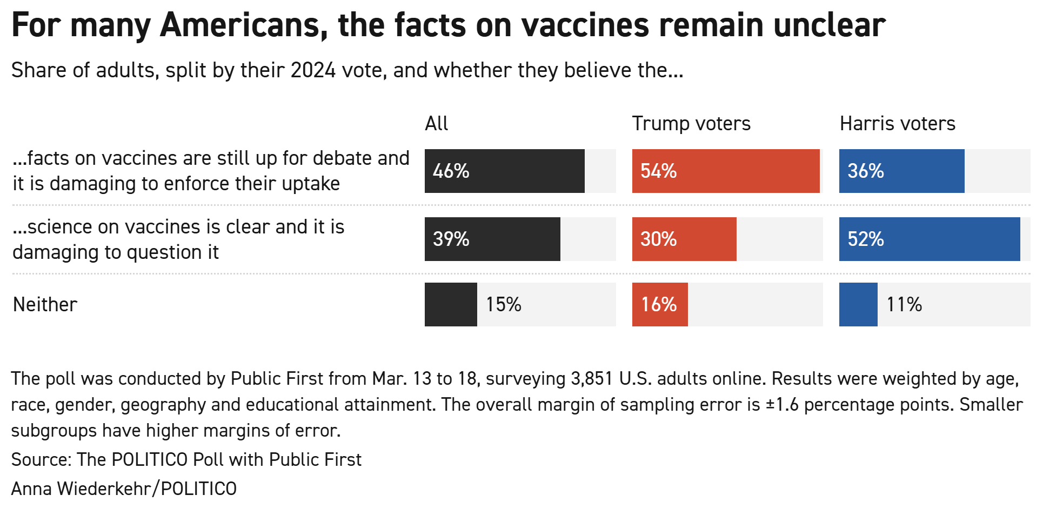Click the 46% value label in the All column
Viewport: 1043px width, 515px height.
(x=451, y=171)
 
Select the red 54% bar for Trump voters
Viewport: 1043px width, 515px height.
(x=725, y=171)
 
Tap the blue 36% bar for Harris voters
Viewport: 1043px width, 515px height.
(x=901, y=171)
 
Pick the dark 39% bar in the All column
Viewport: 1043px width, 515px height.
(x=492, y=239)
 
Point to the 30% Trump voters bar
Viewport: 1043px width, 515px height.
(x=684, y=239)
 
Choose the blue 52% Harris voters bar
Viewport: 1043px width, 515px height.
(x=929, y=239)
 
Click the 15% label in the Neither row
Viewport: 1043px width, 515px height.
(x=503, y=305)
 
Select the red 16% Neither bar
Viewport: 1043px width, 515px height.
(x=659, y=305)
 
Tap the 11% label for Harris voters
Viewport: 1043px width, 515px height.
(x=904, y=305)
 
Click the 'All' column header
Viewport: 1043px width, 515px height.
(x=436, y=124)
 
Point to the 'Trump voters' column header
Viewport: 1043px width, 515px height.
(x=691, y=124)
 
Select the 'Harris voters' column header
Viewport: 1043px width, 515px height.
(x=897, y=124)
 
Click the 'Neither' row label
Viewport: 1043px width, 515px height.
(x=45, y=305)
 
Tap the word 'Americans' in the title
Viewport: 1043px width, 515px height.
(x=243, y=25)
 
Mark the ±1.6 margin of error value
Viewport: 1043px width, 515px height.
(x=782, y=404)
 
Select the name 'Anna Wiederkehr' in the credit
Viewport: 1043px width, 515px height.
(x=81, y=489)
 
